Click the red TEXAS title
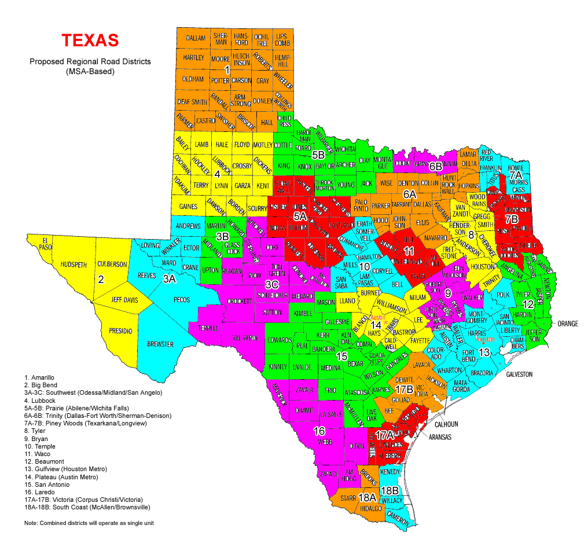coord(90,40)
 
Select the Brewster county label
coord(160,344)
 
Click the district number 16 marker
coord(319,431)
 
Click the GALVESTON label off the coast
coord(519,375)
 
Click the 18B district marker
coord(390,490)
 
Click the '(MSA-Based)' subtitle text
coord(90,72)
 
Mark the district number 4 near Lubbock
coord(217,174)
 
